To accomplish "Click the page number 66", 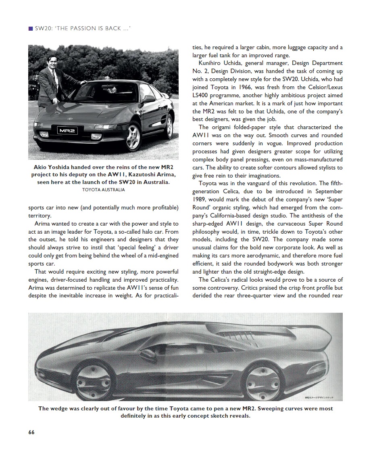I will pyautogui.click(x=31, y=432).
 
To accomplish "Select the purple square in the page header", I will pyautogui.click(x=30, y=28).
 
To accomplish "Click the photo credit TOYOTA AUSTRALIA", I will pyautogui.click(x=104, y=190).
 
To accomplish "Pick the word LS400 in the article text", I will pyautogui.click(x=200, y=95).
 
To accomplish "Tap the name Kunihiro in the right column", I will pyautogui.click(x=211, y=63).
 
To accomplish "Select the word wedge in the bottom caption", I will pyautogui.click(x=61, y=408).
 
